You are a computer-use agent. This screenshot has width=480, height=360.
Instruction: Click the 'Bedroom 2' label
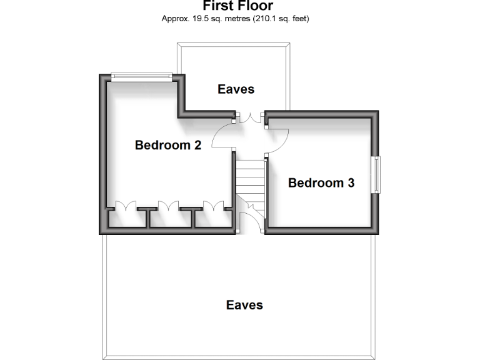[167, 146]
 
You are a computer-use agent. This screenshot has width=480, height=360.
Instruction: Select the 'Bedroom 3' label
[321, 183]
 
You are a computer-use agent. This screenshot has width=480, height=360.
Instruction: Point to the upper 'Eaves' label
[236, 89]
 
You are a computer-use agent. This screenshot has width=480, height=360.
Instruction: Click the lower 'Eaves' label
[244, 305]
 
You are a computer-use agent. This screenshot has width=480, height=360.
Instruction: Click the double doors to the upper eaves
[250, 117]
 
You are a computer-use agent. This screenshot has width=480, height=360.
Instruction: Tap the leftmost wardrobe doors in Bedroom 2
[127, 207]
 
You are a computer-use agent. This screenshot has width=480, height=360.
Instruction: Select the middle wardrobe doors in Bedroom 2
[170, 207]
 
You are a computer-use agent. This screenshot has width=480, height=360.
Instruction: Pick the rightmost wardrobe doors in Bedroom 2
[213, 207]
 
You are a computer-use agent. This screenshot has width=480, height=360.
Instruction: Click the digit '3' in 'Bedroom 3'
[351, 183]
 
